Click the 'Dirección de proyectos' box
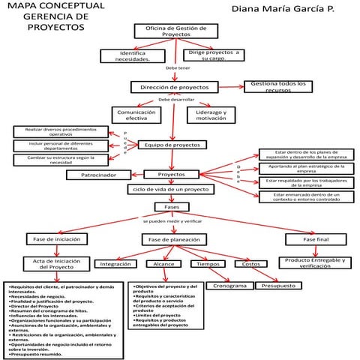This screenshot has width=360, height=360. point(175,87)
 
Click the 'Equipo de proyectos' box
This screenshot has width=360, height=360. point(172,144)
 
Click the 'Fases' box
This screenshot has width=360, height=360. point(166,206)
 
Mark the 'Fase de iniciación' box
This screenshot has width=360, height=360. point(53,239)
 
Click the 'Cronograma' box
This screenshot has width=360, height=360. point(229,286)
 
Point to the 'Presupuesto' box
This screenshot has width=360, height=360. point(277,286)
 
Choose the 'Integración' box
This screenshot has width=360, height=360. point(116,264)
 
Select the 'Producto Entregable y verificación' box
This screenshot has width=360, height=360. point(315,262)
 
